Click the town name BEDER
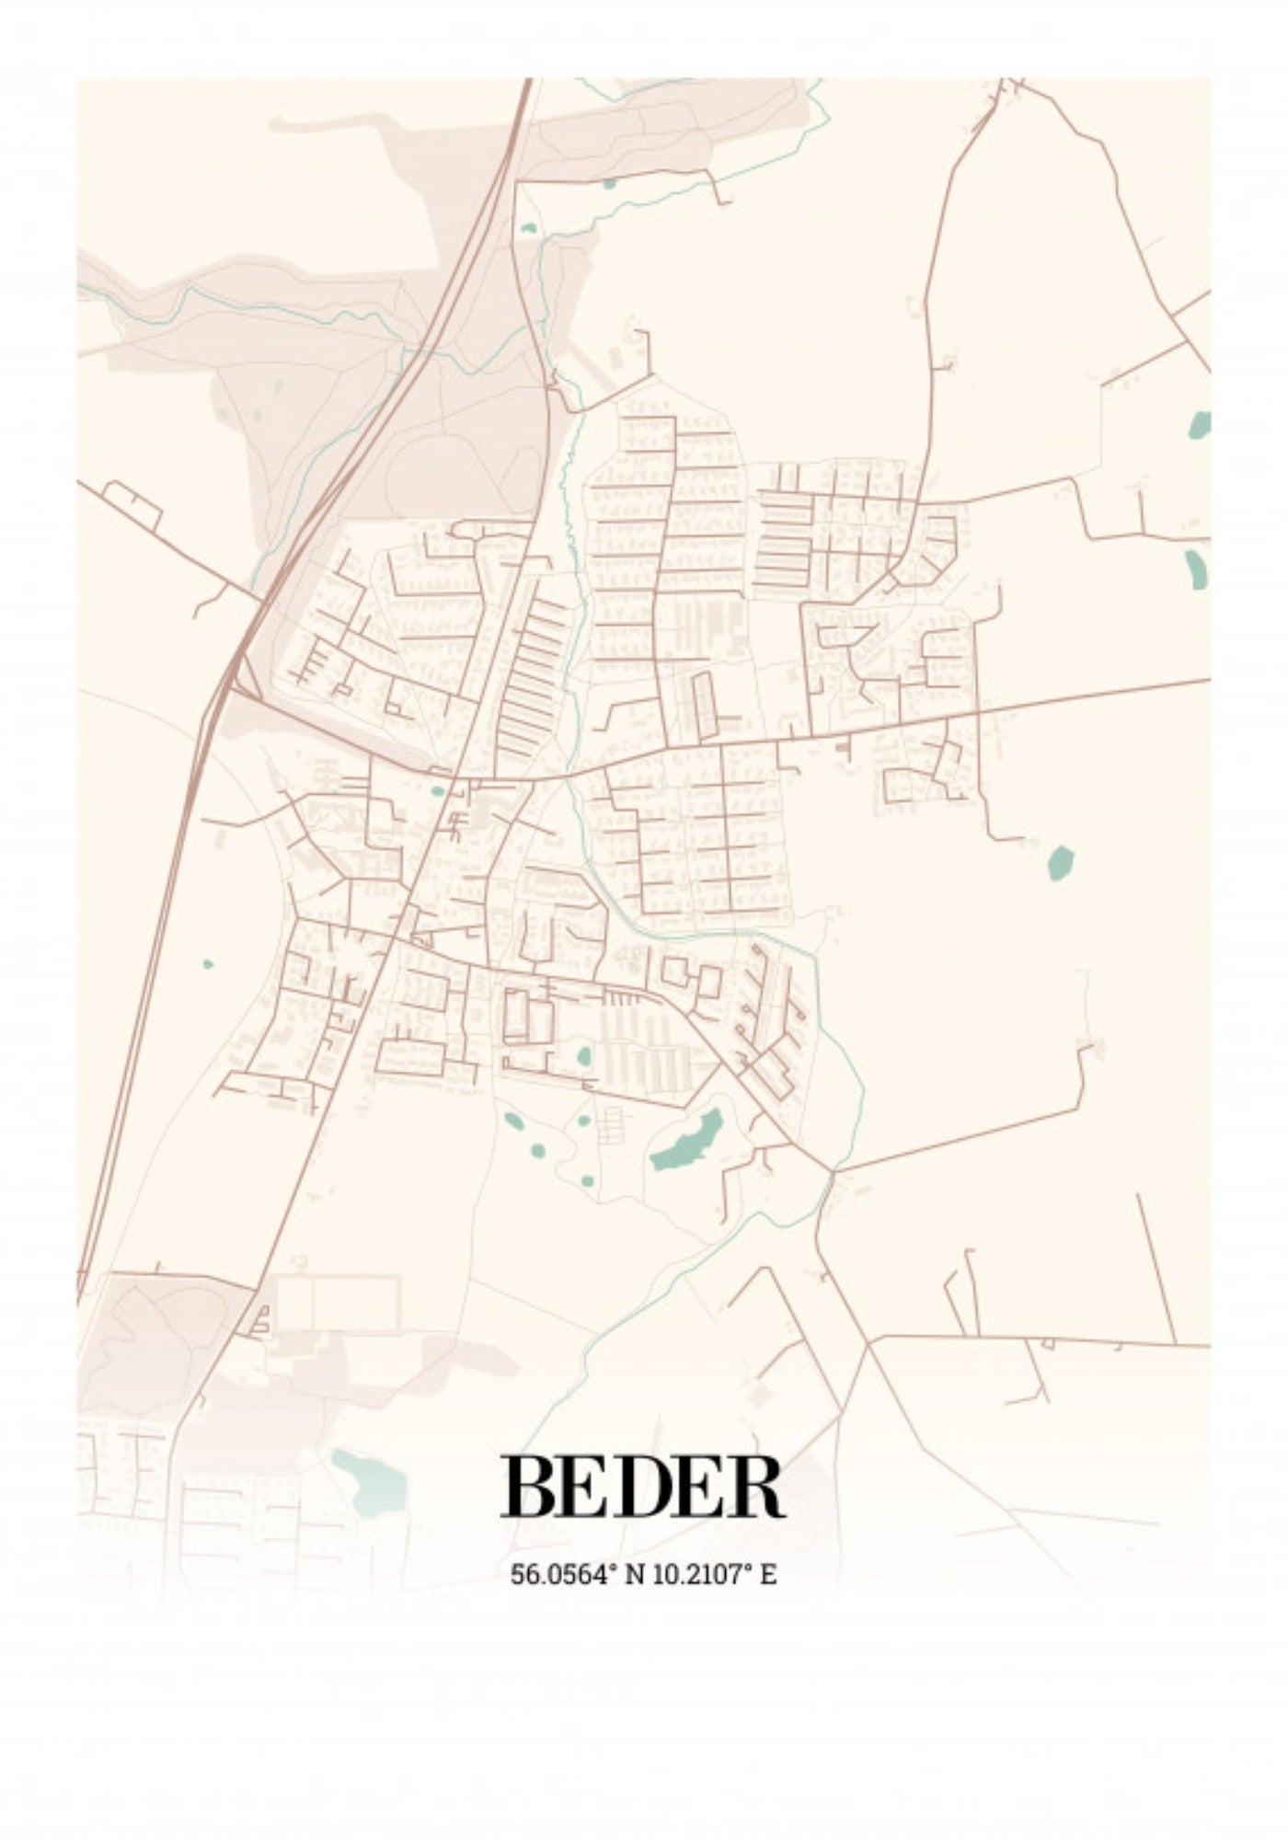coord(642,1487)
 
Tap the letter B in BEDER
coord(526,1487)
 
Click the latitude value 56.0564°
coord(562,1574)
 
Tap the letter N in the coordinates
coord(634,1574)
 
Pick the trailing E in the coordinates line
coord(768,1574)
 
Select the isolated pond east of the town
coord(1061,862)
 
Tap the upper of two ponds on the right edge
coord(1200,424)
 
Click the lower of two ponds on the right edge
coord(1195,569)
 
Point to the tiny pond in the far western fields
coord(208,963)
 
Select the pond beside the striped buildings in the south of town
coord(583,1055)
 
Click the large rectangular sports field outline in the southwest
coord(339,1302)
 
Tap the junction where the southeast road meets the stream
coord(831,1173)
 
